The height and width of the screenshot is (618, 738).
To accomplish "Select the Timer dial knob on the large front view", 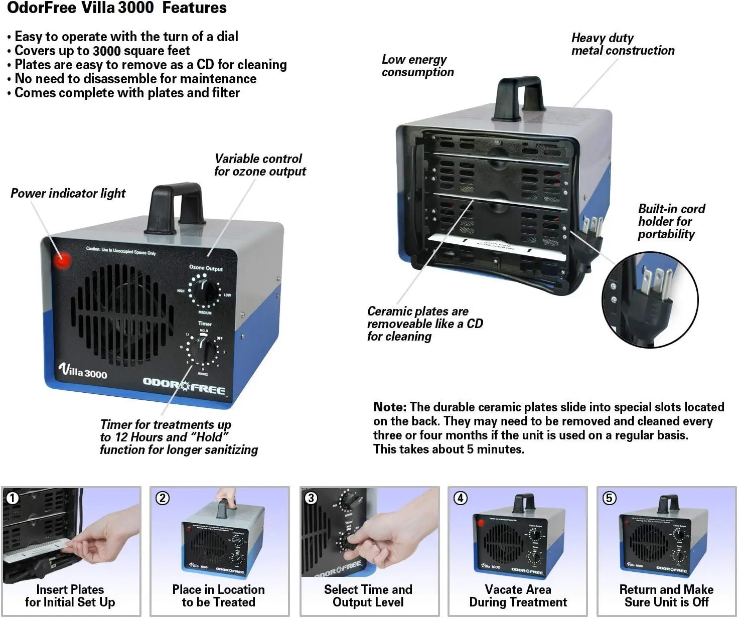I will click(203, 350).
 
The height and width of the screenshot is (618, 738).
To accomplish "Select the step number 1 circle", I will click(13, 498).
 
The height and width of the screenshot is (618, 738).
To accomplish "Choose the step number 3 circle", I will click(311, 498).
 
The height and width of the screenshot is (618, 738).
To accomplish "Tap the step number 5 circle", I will click(609, 498).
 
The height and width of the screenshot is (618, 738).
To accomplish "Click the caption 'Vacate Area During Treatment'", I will click(518, 596).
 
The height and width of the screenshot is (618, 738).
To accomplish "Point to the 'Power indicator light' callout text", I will click(68, 193).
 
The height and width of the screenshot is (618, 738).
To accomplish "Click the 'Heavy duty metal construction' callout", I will click(623, 44).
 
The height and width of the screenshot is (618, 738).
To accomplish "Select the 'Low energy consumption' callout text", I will click(417, 66).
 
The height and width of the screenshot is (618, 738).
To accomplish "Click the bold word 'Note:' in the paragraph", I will click(390, 407).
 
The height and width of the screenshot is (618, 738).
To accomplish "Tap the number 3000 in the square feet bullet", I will click(106, 51).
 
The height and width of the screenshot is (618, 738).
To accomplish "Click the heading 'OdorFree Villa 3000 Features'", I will click(117, 8).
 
